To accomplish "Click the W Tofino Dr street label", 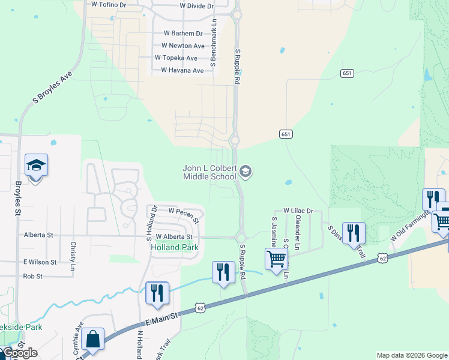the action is coord(109,4).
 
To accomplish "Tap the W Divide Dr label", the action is coord(196,6).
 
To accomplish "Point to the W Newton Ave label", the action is coord(183,46).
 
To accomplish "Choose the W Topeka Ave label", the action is coord(176,58).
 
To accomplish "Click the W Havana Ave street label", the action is coord(182,70).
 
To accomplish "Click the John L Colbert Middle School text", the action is coord(209,173).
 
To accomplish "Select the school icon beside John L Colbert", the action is coord(245,173).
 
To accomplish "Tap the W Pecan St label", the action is coord(184,212).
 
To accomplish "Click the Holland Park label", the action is coord(174,247).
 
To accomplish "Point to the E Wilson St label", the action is coord(40,262).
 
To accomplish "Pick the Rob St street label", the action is coord(32,277).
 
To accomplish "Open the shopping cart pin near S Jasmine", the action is coord(276,259).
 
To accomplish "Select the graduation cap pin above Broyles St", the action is coord(36,165).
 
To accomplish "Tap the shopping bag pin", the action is coord(93,339).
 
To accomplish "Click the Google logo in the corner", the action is coord(19,353).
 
